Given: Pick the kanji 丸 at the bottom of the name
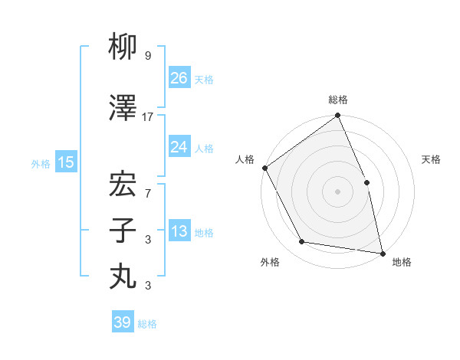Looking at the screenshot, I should tap(123, 275).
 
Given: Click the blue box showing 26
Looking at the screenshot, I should tap(179, 78).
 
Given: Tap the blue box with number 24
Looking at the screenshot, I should tap(179, 147).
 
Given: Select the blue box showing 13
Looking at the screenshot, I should tap(179, 232).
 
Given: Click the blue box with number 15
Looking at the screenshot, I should tap(66, 162).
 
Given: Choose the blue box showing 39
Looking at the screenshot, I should tap(123, 322).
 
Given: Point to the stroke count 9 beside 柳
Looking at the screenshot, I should tap(148, 56).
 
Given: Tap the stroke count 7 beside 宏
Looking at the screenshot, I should tap(148, 193).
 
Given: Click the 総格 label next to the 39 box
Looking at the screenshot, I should tap(147, 324).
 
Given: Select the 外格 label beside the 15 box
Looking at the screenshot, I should tap(41, 163).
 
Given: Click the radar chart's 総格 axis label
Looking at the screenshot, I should tap(338, 100).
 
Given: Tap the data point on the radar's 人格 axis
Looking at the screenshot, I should tap(264, 168).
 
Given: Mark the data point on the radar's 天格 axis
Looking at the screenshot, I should tap(366, 182).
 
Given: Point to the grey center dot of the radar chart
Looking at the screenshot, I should tap(337, 191).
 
